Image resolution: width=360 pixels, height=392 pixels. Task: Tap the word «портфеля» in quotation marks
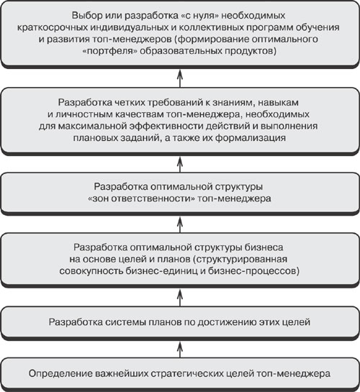pos(110,51)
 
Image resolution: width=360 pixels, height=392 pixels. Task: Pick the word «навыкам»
pos(279,103)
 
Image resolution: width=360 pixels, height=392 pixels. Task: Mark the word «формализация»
pos(250,138)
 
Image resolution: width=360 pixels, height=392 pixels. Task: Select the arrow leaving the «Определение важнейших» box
pos(180,350)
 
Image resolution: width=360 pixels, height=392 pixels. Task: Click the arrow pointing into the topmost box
pos(180,78)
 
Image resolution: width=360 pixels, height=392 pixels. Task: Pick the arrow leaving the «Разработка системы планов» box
pos(180,298)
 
